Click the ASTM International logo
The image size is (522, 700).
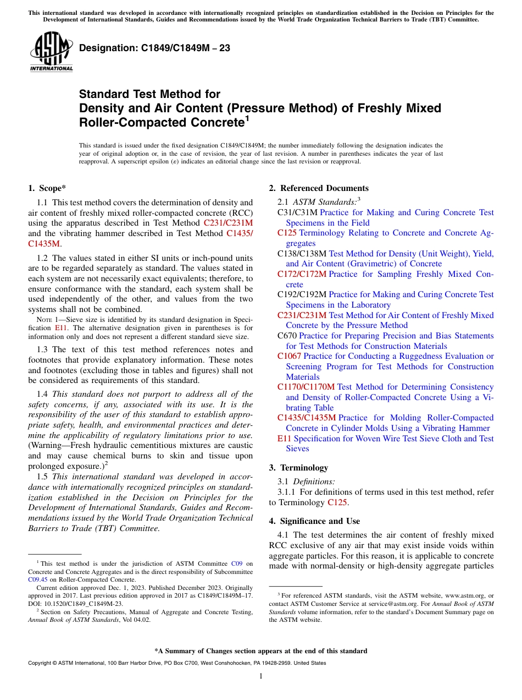51,52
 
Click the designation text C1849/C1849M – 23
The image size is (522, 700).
154,48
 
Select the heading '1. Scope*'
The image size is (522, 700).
47,188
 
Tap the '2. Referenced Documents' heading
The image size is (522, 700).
319,188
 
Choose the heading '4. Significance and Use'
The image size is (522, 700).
314,521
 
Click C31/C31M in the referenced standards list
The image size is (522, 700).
297,212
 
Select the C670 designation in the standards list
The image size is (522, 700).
287,336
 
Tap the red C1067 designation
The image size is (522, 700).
289,356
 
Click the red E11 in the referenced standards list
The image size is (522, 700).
284,439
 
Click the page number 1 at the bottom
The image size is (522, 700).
261,676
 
